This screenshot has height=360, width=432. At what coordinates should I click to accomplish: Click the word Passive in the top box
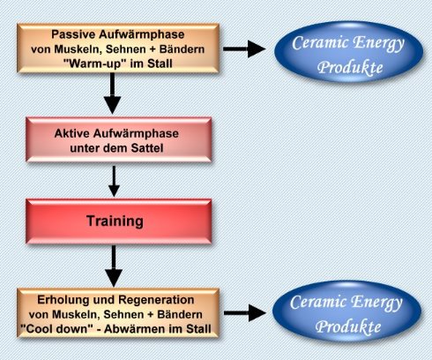73,34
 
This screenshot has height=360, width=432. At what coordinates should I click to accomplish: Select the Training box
119,221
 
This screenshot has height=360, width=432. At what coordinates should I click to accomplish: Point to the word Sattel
147,148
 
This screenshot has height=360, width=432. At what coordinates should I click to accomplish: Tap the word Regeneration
156,300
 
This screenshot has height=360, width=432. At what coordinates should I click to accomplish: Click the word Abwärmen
138,328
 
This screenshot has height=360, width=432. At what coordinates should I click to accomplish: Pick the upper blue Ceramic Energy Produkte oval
348,51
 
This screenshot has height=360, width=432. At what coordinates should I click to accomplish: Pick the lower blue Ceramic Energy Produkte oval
346,311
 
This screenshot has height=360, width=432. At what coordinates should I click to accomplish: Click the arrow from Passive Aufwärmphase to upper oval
244,49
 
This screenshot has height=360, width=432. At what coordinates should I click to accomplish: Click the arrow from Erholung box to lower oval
245,312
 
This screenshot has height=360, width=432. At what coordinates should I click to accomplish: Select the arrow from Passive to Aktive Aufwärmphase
112,94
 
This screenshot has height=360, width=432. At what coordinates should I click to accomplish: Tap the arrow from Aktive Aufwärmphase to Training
114,181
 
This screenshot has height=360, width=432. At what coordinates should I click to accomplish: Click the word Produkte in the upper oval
350,67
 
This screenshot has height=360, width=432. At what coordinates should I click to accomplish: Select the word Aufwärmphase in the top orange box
142,34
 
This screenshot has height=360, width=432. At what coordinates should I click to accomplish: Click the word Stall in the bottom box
198,328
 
